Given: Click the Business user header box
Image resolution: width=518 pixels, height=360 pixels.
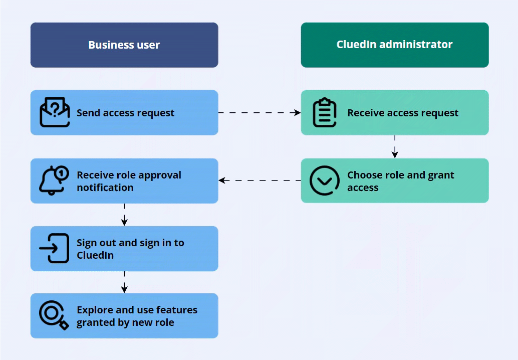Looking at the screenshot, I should [124, 45].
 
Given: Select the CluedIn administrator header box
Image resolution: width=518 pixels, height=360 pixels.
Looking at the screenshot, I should [394, 45].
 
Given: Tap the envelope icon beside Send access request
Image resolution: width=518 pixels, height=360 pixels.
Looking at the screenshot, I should [55, 112].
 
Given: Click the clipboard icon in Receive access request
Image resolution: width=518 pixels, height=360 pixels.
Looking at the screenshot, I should [324, 112].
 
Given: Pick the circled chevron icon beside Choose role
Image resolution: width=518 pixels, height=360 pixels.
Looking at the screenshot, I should [324, 181].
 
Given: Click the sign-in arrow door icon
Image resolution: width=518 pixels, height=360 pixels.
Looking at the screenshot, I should [54, 248].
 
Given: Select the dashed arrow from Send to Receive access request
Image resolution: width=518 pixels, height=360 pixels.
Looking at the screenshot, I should [259, 113].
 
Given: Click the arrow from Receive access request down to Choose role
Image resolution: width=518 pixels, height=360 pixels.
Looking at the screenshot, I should [395, 146].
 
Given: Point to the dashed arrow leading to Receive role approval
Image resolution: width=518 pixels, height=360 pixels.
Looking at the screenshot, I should [259, 181].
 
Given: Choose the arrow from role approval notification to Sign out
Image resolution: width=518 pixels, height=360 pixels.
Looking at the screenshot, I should [124, 214].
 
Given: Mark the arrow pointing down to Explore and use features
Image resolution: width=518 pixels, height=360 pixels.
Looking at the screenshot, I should [124, 282].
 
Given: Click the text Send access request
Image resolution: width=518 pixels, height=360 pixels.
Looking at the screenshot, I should [125, 113].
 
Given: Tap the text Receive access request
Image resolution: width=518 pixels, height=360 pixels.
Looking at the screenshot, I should [403, 113].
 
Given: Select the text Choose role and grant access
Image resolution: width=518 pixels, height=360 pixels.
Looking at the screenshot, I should [400, 181].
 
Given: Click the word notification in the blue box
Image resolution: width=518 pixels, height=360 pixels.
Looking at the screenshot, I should [105, 188].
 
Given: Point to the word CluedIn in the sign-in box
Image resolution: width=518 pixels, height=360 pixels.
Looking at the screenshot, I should [95, 255].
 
